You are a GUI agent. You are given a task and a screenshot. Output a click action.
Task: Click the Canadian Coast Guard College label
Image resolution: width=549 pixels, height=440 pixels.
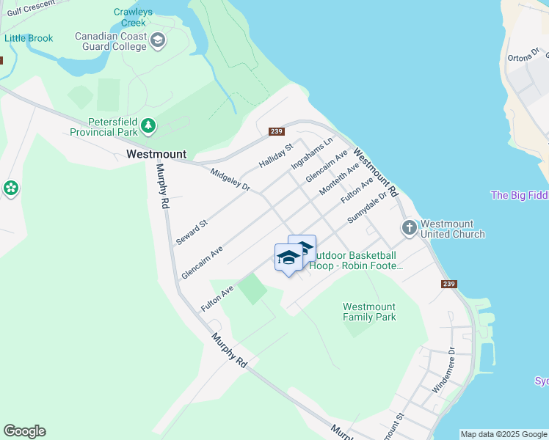[110, 41]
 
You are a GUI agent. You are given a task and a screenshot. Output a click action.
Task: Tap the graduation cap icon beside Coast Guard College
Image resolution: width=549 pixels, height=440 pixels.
[157, 41]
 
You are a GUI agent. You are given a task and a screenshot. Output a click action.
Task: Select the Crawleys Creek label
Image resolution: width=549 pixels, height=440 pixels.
[134, 17]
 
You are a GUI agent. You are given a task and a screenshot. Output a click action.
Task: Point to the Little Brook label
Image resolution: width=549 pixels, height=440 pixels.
[29, 38]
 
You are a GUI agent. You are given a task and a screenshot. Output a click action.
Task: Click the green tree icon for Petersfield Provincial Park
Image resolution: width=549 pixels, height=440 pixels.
[149, 126]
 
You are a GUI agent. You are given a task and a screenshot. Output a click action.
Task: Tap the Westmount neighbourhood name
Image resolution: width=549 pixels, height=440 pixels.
[156, 155]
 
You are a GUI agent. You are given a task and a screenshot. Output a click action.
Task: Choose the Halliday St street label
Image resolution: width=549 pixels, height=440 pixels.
[276, 154]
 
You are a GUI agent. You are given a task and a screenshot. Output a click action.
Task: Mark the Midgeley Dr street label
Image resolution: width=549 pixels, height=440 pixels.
[230, 180]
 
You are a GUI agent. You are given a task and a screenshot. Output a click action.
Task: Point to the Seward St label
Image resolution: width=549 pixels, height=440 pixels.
[192, 231]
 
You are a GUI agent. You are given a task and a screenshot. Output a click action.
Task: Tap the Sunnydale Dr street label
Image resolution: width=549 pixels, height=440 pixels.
[367, 208]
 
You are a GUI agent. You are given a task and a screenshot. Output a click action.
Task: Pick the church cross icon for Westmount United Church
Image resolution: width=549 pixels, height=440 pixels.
[409, 229]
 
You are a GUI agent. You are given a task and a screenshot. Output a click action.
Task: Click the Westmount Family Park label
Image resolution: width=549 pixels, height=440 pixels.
[369, 312]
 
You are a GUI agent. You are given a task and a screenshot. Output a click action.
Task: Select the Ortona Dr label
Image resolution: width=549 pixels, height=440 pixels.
[523, 56]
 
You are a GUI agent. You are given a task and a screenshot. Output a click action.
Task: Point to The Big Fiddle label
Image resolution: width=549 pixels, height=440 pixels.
[519, 195]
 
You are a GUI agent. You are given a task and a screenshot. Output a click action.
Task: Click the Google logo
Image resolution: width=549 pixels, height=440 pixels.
[24, 431]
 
